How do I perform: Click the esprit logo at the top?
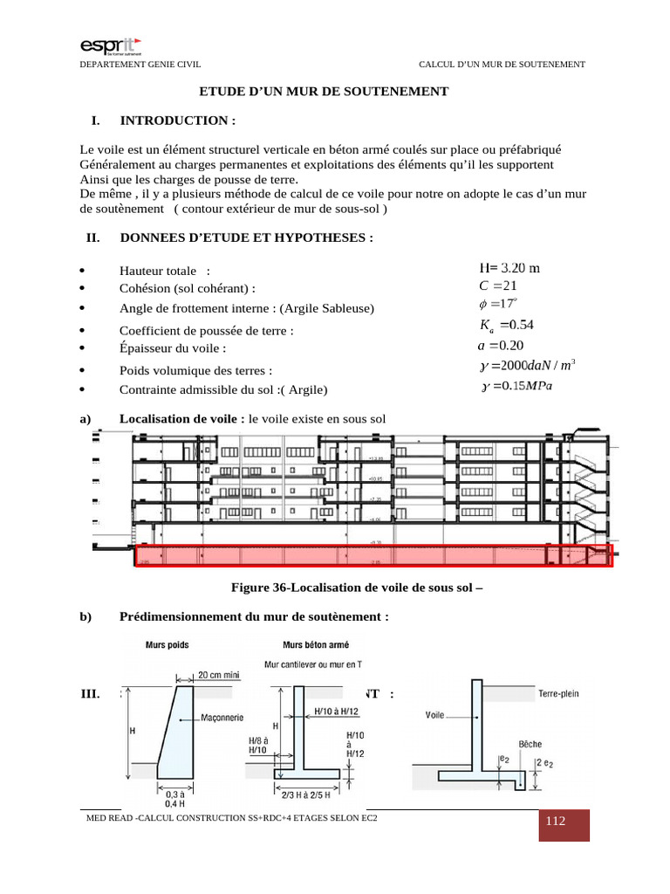tap(111, 45)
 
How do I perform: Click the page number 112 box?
tap(555, 823)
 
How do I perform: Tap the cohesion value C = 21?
tap(498, 285)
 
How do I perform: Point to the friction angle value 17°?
tap(498, 304)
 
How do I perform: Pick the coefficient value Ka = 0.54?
tap(506, 326)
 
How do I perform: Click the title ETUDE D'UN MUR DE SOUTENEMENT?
tap(325, 91)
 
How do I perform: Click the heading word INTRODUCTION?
tap(177, 120)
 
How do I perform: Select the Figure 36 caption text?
tap(356, 588)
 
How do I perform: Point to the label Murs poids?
tap(167, 645)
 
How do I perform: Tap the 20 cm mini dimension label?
tap(218, 675)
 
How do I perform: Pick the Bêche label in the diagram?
tap(530, 746)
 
